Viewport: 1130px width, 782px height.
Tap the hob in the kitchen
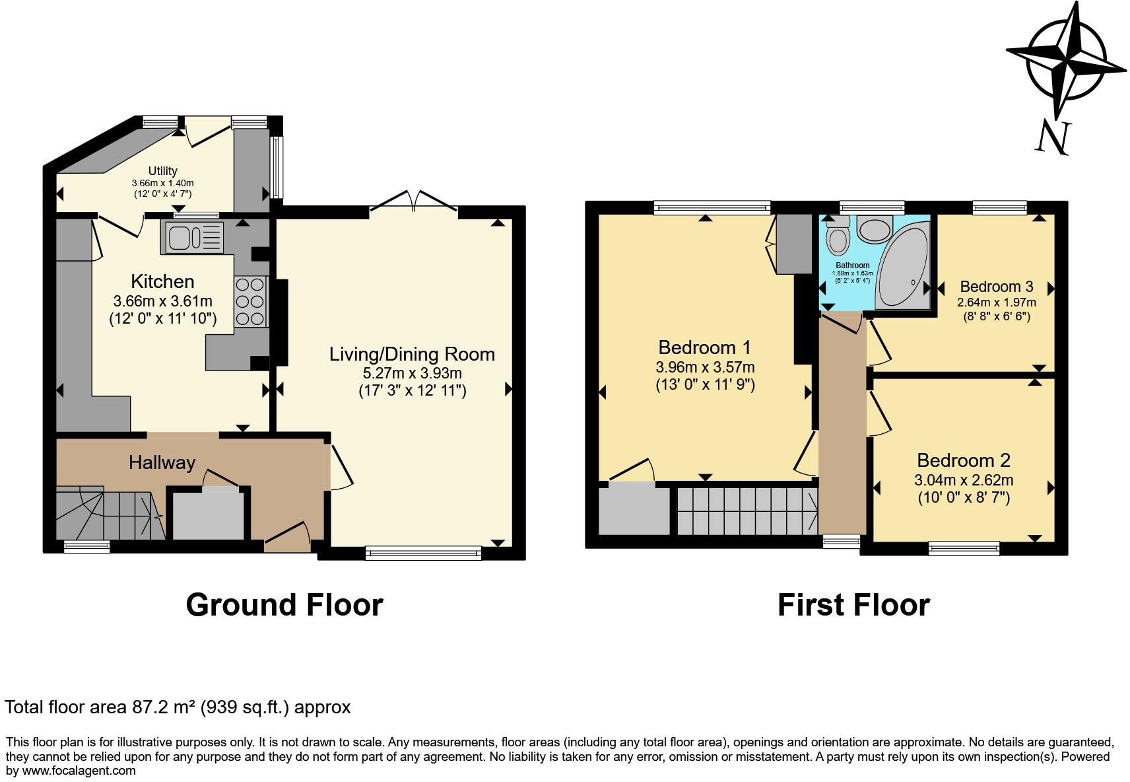[251, 302]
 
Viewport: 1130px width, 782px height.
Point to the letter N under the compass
[1053, 138]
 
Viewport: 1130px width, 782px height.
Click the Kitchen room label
[162, 281]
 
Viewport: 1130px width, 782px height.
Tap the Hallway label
[162, 462]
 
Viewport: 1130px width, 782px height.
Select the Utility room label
[162, 170]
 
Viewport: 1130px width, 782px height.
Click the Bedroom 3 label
[996, 287]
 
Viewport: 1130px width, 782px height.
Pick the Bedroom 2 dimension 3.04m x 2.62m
[964, 480]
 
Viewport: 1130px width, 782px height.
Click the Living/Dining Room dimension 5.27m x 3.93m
[412, 373]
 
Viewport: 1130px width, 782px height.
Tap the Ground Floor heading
[284, 605]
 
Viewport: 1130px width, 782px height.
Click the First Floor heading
[853, 605]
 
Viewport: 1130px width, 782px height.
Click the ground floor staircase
[110, 513]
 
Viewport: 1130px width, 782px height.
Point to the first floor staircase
[747, 511]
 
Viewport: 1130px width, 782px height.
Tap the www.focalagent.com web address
[79, 771]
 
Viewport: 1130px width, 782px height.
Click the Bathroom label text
[853, 265]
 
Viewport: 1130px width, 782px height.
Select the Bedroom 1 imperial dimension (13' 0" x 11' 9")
[705, 384]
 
